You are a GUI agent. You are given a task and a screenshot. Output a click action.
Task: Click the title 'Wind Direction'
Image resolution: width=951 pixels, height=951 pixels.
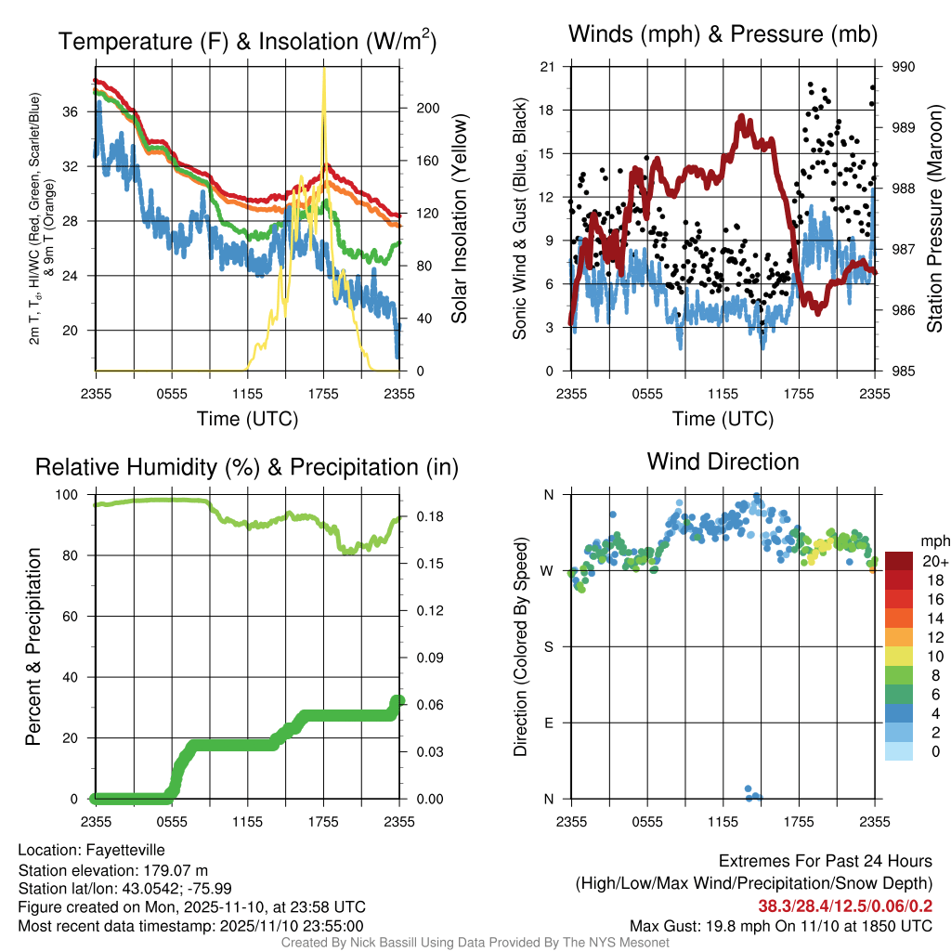click(723, 462)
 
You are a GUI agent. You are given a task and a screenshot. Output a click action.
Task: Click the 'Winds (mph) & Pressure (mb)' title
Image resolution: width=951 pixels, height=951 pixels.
click(723, 35)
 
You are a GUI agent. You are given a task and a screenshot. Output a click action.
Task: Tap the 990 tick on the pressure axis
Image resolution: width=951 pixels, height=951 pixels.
click(905, 67)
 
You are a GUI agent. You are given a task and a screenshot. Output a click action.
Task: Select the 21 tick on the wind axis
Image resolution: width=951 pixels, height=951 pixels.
click(548, 67)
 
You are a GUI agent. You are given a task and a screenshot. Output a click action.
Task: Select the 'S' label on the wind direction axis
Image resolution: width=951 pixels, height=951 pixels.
click(549, 646)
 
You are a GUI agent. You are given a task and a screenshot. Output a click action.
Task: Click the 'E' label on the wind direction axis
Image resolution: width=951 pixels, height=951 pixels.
click(549, 723)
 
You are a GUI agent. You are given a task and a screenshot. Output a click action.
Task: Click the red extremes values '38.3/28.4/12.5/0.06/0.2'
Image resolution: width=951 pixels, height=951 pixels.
click(845, 905)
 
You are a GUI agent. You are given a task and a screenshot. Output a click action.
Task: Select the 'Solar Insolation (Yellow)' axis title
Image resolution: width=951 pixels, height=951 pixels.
click(459, 219)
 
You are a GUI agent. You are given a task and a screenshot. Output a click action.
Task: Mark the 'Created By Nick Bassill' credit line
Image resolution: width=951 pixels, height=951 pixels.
click(475, 943)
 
